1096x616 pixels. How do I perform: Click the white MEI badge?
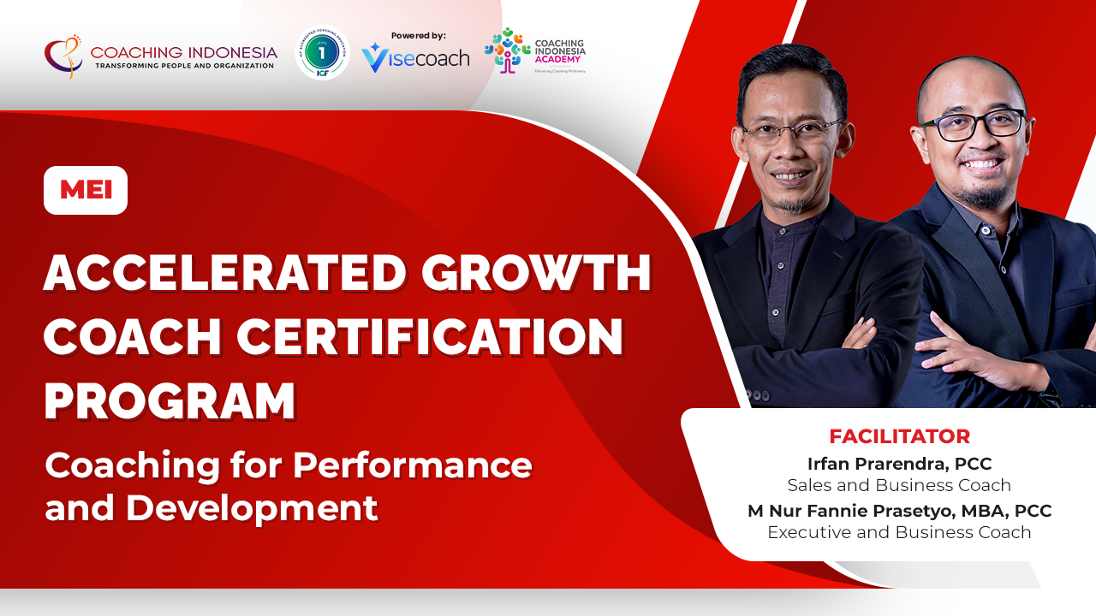pyautogui.click(x=86, y=190)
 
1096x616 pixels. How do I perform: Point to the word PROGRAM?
pyautogui.click(x=170, y=400)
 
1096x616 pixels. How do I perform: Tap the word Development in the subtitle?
pyautogui.click(x=252, y=507)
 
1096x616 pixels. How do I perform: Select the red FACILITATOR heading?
pyautogui.click(x=899, y=436)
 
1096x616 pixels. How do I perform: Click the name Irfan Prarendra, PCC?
pyautogui.click(x=899, y=464)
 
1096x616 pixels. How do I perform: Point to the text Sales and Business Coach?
pyautogui.click(x=899, y=485)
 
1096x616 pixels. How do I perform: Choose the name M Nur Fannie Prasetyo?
pyautogui.click(x=865, y=511)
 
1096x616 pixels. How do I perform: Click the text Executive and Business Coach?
pyautogui.click(x=899, y=532)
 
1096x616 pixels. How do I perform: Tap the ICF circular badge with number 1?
pyautogui.click(x=322, y=53)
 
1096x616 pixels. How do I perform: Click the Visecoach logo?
pyautogui.click(x=415, y=58)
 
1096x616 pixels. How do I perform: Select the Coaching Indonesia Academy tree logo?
pyautogui.click(x=507, y=50)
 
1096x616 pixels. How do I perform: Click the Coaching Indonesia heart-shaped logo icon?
pyautogui.click(x=64, y=55)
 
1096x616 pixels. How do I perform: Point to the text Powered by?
pyautogui.click(x=418, y=36)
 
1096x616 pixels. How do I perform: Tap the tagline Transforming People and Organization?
pyautogui.click(x=184, y=66)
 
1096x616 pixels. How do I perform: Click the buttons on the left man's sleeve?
pyautogui.click(x=757, y=396)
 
